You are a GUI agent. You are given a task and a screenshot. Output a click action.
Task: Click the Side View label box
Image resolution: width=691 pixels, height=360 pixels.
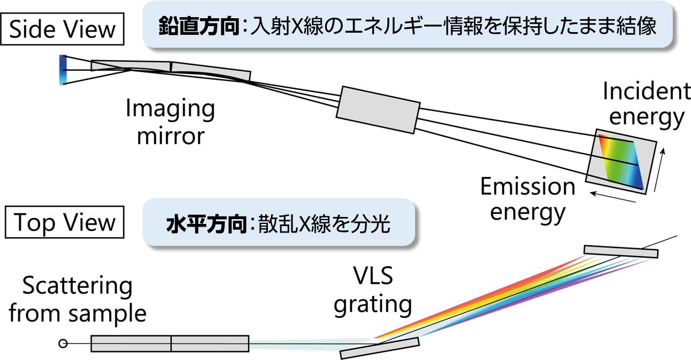(63, 29)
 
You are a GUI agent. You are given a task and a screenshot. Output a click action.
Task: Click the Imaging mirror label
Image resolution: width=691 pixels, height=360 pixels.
(170, 122)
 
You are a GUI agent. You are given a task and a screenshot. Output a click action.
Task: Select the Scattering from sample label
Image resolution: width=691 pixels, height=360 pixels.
(78, 300)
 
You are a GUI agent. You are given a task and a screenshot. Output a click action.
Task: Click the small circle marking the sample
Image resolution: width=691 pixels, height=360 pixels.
(63, 343)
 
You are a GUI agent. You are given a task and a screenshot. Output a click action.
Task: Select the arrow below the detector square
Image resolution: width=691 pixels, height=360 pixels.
(613, 196)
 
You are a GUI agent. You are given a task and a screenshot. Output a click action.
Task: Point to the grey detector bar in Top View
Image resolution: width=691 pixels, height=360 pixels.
(621, 251)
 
